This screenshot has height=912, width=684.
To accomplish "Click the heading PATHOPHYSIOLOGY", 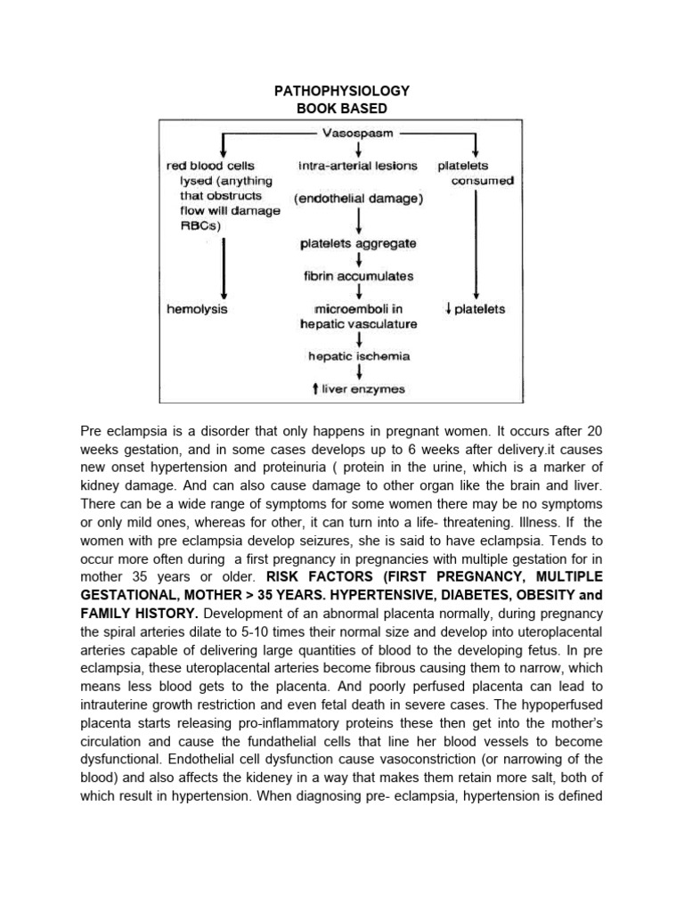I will pyautogui.click(x=342, y=92).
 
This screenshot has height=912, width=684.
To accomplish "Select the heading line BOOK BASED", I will pyautogui.click(x=342, y=109).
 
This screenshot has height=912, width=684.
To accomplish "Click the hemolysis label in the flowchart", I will pyautogui.click(x=197, y=309).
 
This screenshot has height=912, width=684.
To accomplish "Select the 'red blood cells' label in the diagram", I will pyautogui.click(x=210, y=166).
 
